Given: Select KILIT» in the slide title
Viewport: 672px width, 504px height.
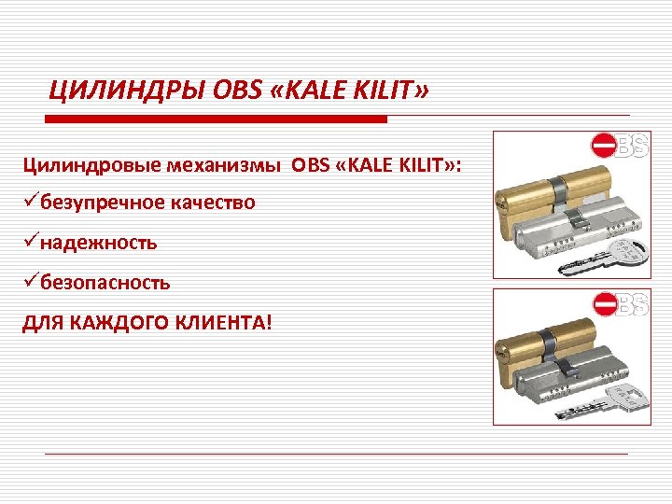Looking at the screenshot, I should click(394, 91).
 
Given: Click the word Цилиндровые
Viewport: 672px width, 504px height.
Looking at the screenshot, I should click(91, 166).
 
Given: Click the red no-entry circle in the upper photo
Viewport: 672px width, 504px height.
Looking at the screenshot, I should click(604, 146).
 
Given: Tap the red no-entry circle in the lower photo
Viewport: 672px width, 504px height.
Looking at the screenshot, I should click(605, 304).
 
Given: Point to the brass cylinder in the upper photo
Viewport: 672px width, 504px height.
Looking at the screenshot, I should click(541, 197).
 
